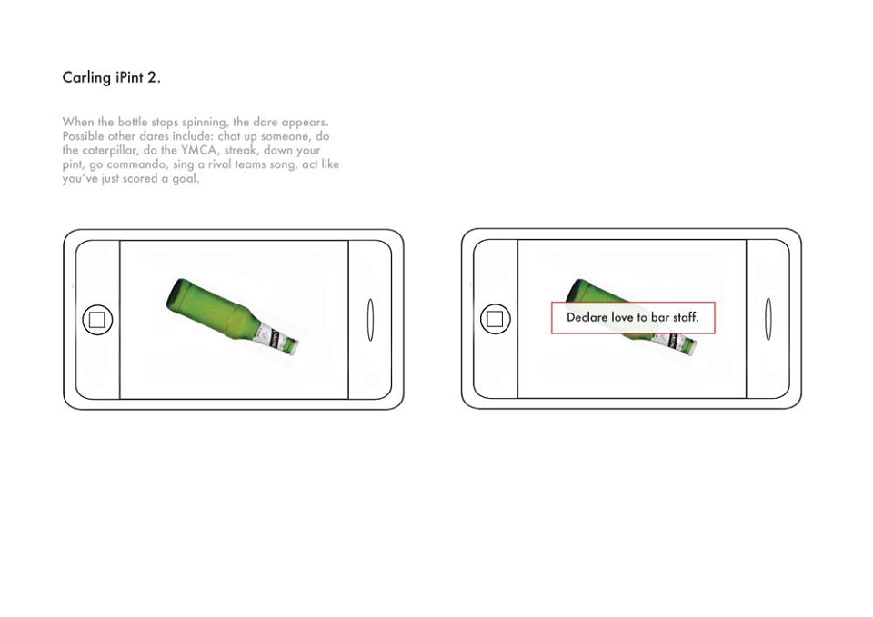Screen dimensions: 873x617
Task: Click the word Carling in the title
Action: click(86, 77)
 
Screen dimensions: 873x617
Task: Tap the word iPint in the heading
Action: click(130, 76)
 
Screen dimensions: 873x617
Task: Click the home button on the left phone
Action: click(97, 320)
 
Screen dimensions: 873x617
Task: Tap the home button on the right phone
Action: click(495, 319)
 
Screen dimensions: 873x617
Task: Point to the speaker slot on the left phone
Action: click(370, 320)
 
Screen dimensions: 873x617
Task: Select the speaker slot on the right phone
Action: click(768, 319)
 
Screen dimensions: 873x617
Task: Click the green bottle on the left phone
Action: click(232, 316)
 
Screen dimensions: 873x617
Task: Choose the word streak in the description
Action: click(240, 150)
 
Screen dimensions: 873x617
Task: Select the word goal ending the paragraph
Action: click(186, 179)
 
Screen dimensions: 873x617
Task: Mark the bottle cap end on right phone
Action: click(691, 348)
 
